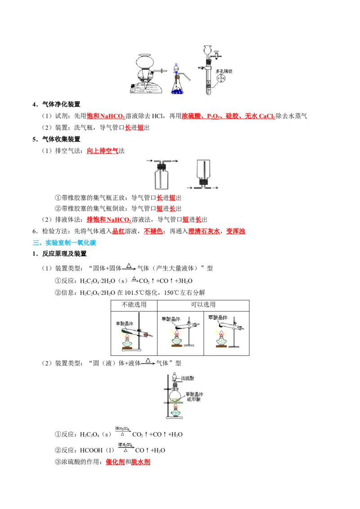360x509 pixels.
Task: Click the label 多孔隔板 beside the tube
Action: pyautogui.click(x=224, y=71)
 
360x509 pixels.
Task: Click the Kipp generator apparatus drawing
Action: pyautogui.click(x=146, y=74)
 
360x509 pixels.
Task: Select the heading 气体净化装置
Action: pyautogui.click(x=61, y=104)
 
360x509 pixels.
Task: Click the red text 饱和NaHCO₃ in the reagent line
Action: pyautogui.click(x=106, y=116)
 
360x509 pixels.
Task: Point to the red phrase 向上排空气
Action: pyautogui.click(x=103, y=151)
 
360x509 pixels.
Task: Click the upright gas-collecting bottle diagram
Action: pyautogui.click(x=162, y=174)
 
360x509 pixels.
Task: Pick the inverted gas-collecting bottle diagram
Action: pyautogui.click(x=203, y=174)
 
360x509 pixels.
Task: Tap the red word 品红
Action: pyautogui.click(x=118, y=231)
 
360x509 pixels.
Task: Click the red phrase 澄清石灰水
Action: pyautogui.click(x=204, y=231)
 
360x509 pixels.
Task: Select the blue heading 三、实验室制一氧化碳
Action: pyautogui.click(x=64, y=242)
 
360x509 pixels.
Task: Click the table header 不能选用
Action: pyautogui.click(x=134, y=304)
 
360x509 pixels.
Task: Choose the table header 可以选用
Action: pyautogui.click(x=203, y=304)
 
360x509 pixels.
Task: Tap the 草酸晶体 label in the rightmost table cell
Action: pyautogui.click(x=218, y=317)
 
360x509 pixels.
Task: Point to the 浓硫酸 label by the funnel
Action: pyautogui.click(x=188, y=378)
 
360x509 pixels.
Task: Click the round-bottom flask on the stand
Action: pyautogui.click(x=175, y=395)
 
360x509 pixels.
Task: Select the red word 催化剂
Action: pyautogui.click(x=115, y=462)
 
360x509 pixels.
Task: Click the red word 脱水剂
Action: pyautogui.click(x=140, y=462)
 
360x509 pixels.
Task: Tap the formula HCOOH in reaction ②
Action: pyautogui.click(x=91, y=450)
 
